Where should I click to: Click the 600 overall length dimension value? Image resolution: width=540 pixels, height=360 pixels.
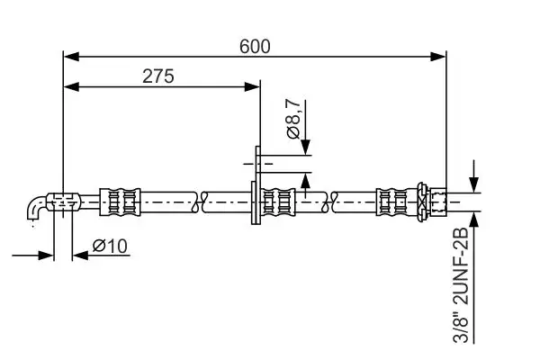pos(256,45)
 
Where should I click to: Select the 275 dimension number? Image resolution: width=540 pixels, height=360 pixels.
pos(158,76)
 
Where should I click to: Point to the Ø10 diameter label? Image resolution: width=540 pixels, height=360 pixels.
pos(111,245)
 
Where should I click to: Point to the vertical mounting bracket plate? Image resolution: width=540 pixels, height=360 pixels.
pos(257,186)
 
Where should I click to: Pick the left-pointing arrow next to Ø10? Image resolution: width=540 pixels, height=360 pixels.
pos(79,255)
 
